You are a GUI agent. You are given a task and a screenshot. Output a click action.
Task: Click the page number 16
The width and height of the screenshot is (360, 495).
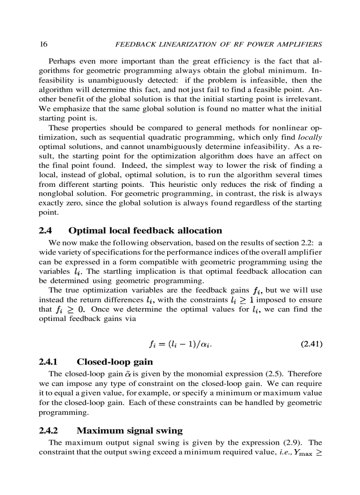43,45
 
